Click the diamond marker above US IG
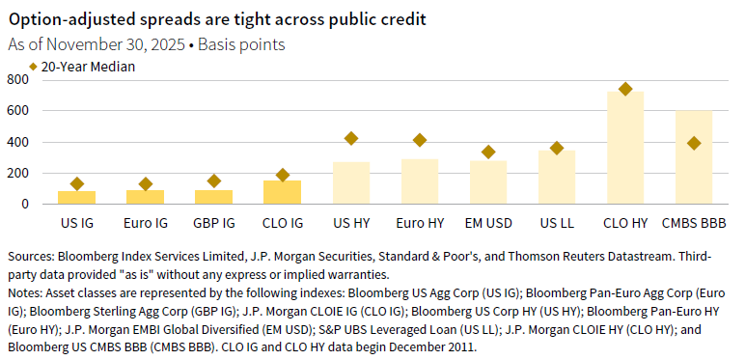(76, 183)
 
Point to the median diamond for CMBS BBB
(693, 143)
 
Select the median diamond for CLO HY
(625, 89)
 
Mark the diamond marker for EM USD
(488, 152)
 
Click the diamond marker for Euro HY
(419, 140)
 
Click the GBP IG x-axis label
(213, 223)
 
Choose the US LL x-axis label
(557, 223)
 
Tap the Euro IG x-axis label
(145, 223)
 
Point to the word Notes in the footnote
(26, 291)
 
